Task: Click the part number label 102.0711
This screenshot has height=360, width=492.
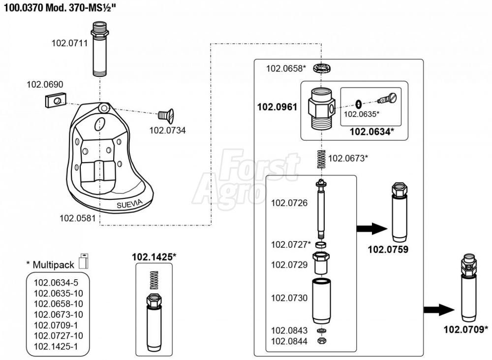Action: pyautogui.click(x=70, y=43)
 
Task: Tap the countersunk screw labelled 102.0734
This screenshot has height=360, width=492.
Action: pyautogui.click(x=166, y=116)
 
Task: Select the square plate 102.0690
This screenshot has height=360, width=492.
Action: pyautogui.click(x=55, y=100)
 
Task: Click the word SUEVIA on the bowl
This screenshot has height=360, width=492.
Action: pyautogui.click(x=129, y=204)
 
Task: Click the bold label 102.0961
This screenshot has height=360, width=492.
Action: pyautogui.click(x=277, y=107)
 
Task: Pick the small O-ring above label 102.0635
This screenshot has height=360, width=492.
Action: pyautogui.click(x=358, y=103)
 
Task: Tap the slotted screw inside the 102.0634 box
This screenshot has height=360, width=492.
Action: pyautogui.click(x=387, y=98)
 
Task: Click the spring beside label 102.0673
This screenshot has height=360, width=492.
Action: pyautogui.click(x=321, y=160)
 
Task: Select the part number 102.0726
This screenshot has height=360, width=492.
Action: pyautogui.click(x=289, y=203)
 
